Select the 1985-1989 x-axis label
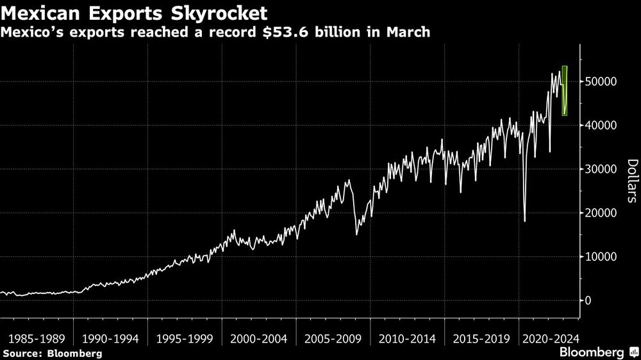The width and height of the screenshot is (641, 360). [37, 338]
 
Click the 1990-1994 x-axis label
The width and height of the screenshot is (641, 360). [111, 338]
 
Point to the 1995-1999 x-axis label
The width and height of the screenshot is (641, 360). [185, 338]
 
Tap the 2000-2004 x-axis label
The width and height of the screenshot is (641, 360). [259, 338]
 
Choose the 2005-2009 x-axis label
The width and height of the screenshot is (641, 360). [333, 338]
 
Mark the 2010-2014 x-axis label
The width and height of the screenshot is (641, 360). [408, 338]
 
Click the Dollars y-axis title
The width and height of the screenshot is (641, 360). [631, 181]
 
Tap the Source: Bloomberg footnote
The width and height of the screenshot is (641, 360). [53, 353]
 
